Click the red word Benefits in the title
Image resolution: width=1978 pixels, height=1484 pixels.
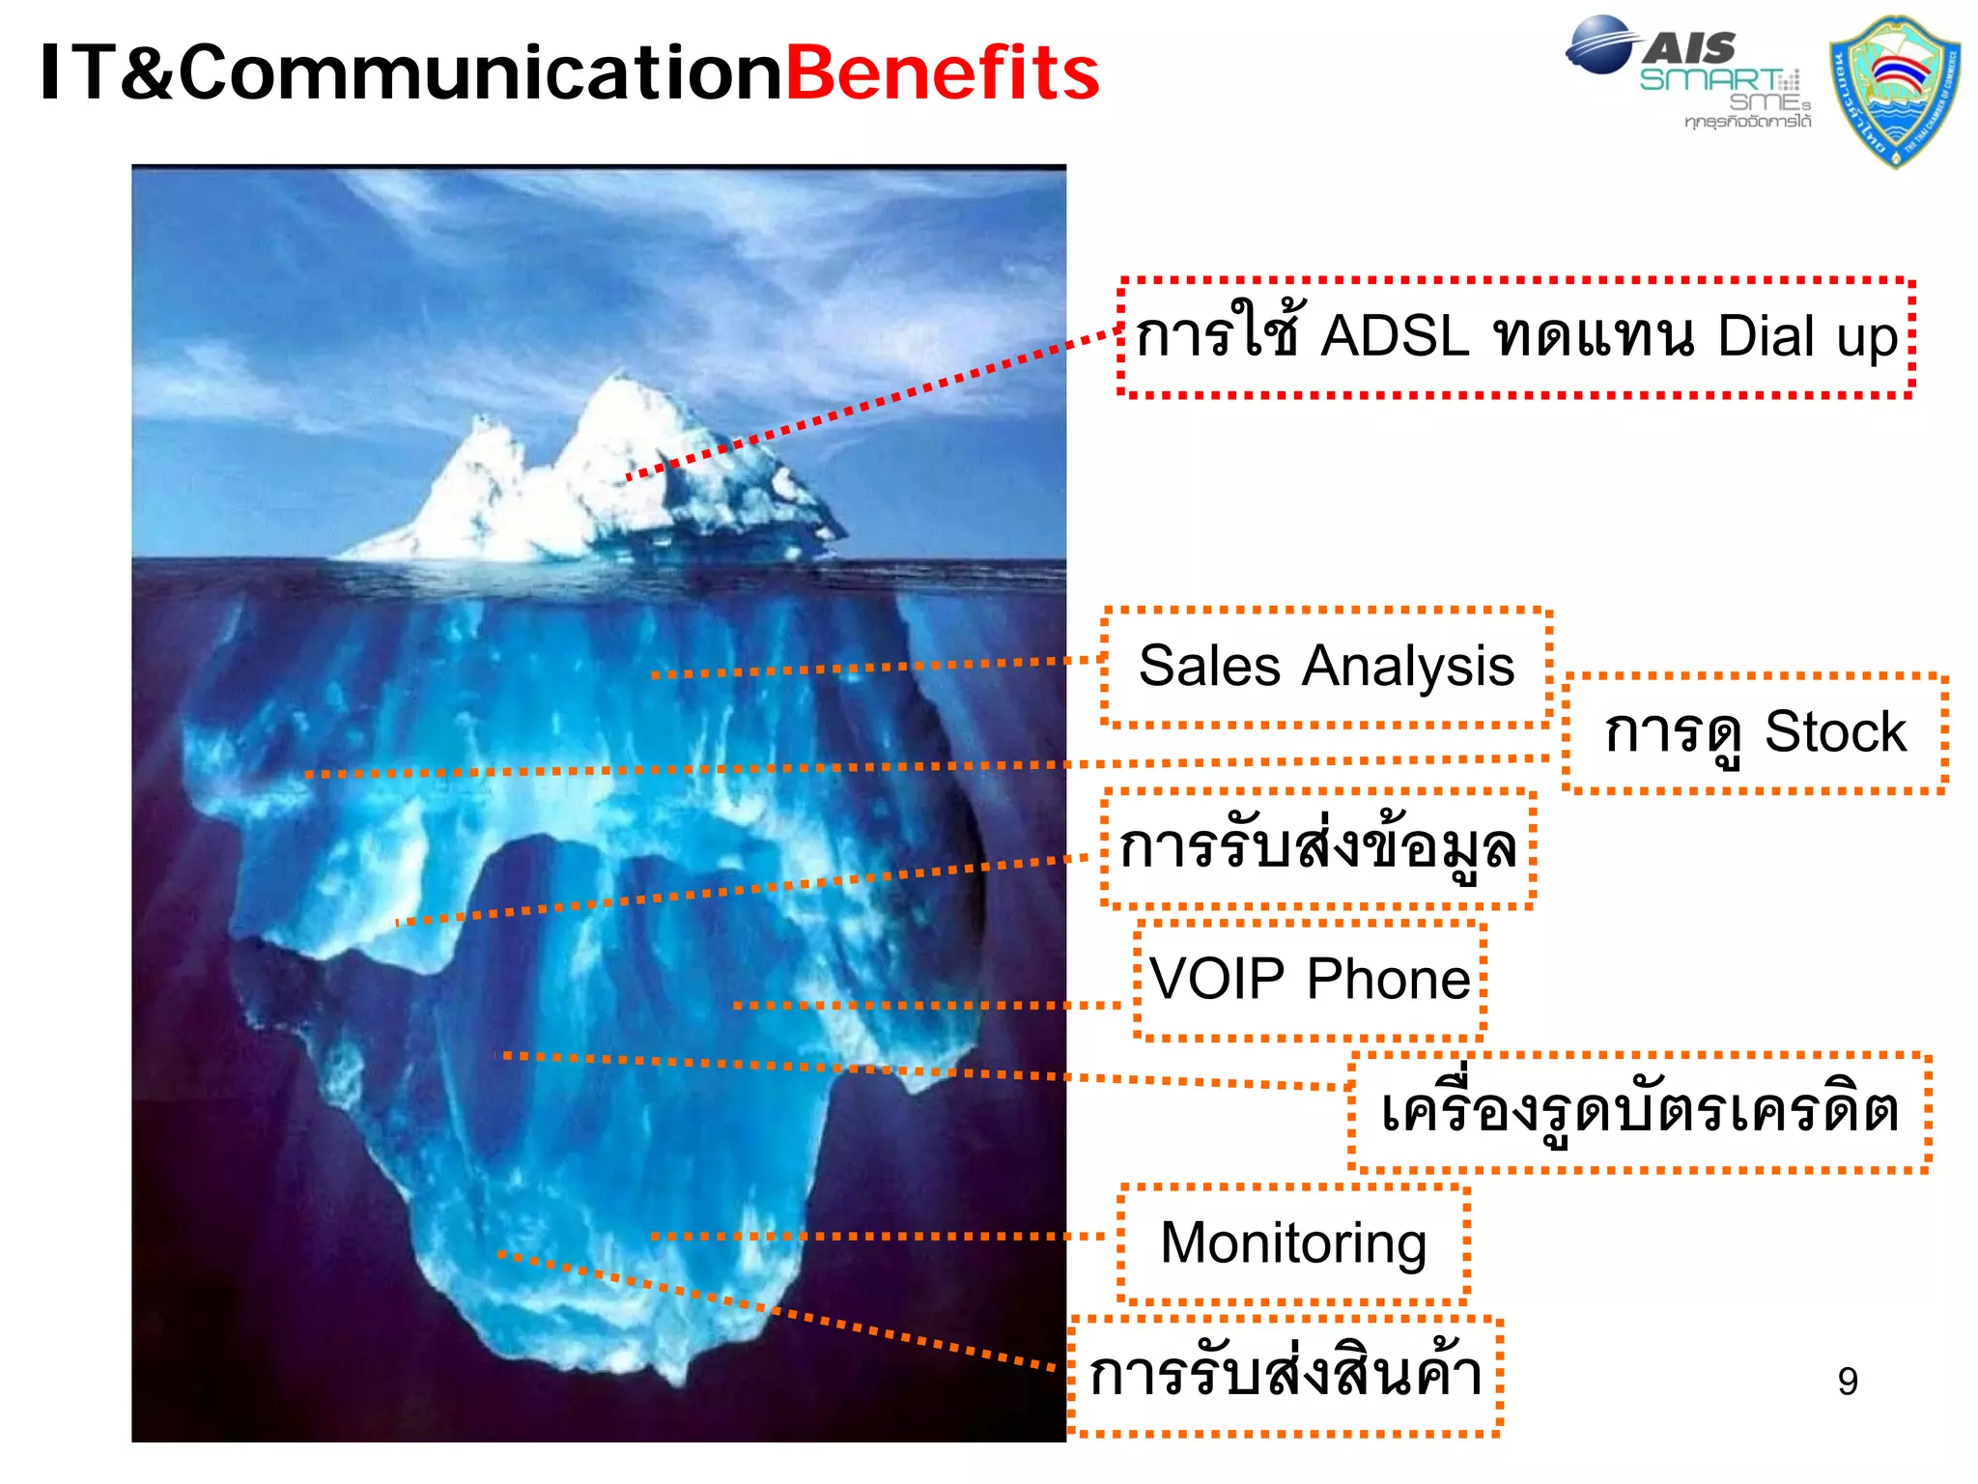click(x=943, y=73)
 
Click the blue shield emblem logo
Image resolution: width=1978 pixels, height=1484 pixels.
click(x=1895, y=91)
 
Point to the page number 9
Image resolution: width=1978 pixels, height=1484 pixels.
click(x=1847, y=1382)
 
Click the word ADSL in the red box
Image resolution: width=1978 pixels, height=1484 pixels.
click(x=1395, y=336)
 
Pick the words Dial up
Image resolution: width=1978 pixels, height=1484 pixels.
click(x=1807, y=336)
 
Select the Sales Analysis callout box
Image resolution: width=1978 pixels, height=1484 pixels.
click(x=1326, y=667)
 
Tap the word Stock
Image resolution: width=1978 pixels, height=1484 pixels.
click(x=1835, y=731)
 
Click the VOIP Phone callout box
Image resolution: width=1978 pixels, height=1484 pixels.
click(x=1310, y=979)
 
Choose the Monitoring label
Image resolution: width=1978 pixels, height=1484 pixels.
click(x=1293, y=1242)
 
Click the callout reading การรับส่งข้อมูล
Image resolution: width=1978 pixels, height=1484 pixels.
click(x=1317, y=848)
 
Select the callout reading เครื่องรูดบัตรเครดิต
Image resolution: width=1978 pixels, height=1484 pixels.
click(x=1639, y=1111)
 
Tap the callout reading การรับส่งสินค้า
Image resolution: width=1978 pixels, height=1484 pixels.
click(x=1285, y=1374)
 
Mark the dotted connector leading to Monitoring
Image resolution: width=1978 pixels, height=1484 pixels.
click(x=869, y=1236)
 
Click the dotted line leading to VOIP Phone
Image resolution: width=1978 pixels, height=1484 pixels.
click(x=918, y=1006)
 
